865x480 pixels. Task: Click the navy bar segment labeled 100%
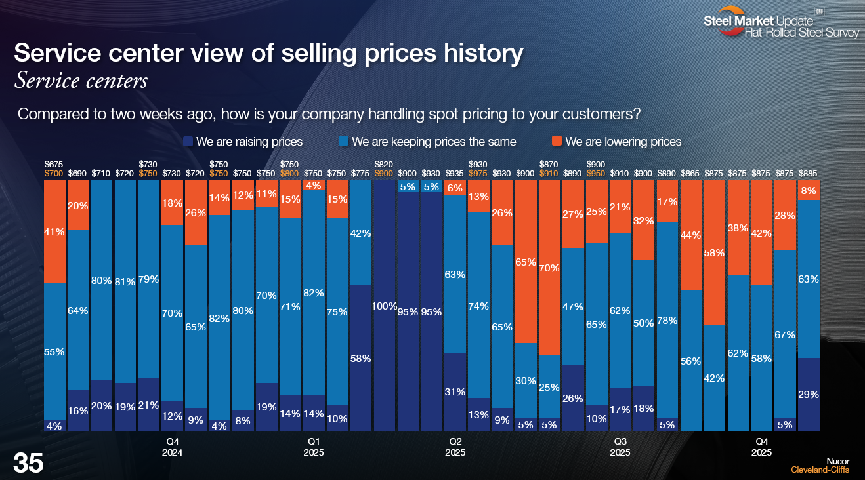click(x=385, y=306)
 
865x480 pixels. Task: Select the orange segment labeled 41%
click(x=54, y=231)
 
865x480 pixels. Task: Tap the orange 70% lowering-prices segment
click(x=549, y=268)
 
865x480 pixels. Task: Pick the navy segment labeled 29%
click(x=809, y=394)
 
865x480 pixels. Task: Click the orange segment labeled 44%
click(x=691, y=235)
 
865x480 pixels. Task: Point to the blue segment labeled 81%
click(x=125, y=281)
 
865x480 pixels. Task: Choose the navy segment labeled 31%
click(x=455, y=391)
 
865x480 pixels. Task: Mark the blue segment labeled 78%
click(x=667, y=320)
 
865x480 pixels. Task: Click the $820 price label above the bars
click(x=384, y=164)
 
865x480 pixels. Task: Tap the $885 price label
click(x=809, y=173)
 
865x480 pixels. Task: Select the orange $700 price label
click(x=54, y=173)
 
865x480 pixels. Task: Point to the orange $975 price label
click(x=478, y=173)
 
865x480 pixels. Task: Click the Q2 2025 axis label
click(x=455, y=447)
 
